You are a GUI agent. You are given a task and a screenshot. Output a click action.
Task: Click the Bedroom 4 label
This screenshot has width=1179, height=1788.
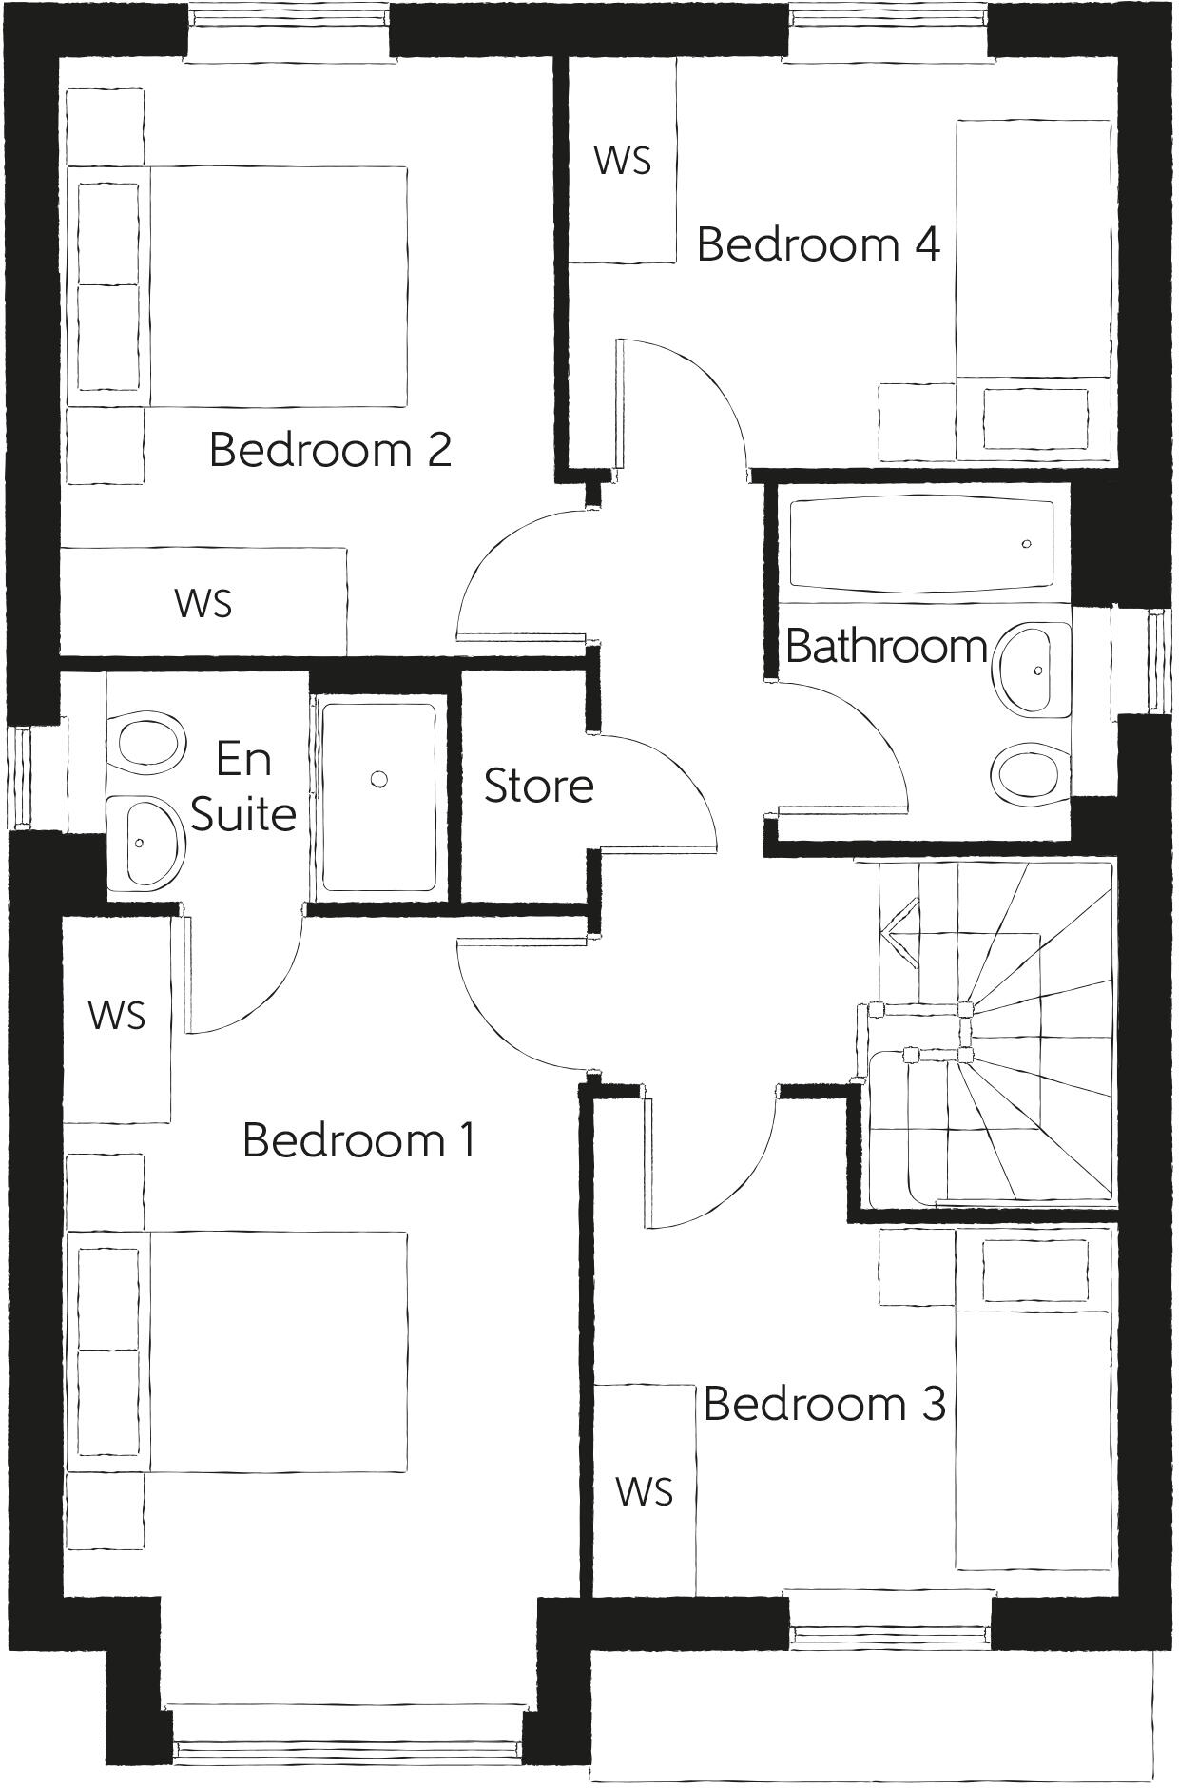(818, 244)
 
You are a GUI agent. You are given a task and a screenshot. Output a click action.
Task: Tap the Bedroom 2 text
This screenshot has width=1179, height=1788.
(329, 450)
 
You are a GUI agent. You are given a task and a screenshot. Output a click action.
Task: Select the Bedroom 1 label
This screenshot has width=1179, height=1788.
(358, 1139)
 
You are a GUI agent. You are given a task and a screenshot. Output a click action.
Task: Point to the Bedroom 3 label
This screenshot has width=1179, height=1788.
(824, 1403)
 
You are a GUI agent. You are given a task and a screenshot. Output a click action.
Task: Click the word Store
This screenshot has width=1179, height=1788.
(538, 786)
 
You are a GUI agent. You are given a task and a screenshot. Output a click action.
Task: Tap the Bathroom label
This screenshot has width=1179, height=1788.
(886, 647)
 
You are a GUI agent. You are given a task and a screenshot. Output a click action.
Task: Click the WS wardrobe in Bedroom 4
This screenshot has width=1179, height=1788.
(623, 160)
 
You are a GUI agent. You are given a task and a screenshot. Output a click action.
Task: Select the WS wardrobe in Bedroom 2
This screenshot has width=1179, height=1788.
(203, 602)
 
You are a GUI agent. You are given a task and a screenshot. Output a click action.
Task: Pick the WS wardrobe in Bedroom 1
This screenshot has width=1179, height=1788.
(117, 1015)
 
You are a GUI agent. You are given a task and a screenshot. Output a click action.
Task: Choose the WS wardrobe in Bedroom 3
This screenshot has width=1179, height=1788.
(644, 1491)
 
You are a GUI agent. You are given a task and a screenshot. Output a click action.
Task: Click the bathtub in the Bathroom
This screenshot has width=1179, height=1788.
(920, 543)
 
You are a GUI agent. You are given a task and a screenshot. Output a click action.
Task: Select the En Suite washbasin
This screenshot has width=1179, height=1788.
(145, 842)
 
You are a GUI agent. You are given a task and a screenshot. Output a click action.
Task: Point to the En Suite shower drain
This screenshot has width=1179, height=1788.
(379, 780)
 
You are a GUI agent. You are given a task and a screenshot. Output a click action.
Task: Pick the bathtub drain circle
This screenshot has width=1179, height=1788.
(1026, 544)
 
